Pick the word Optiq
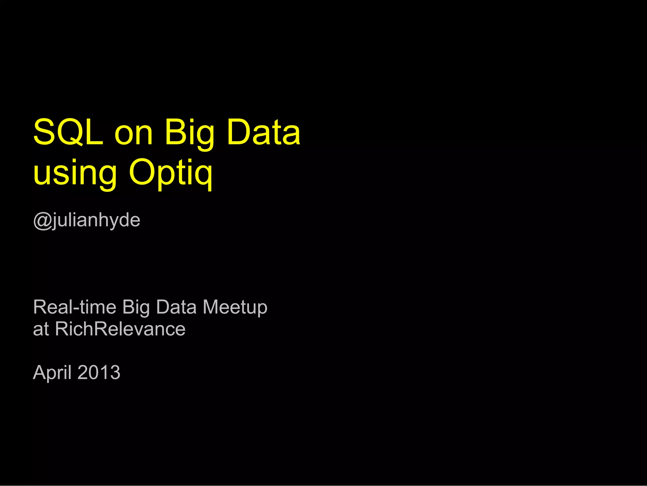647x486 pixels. pos(171,173)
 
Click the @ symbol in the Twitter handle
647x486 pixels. pos(42,220)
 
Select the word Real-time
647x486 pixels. pos(75,307)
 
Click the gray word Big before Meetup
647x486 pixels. pos(136,307)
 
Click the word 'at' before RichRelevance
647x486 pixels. pos(41,329)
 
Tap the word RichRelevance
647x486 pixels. pos(120,329)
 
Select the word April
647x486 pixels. pos(52,373)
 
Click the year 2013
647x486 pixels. pos(99,373)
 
